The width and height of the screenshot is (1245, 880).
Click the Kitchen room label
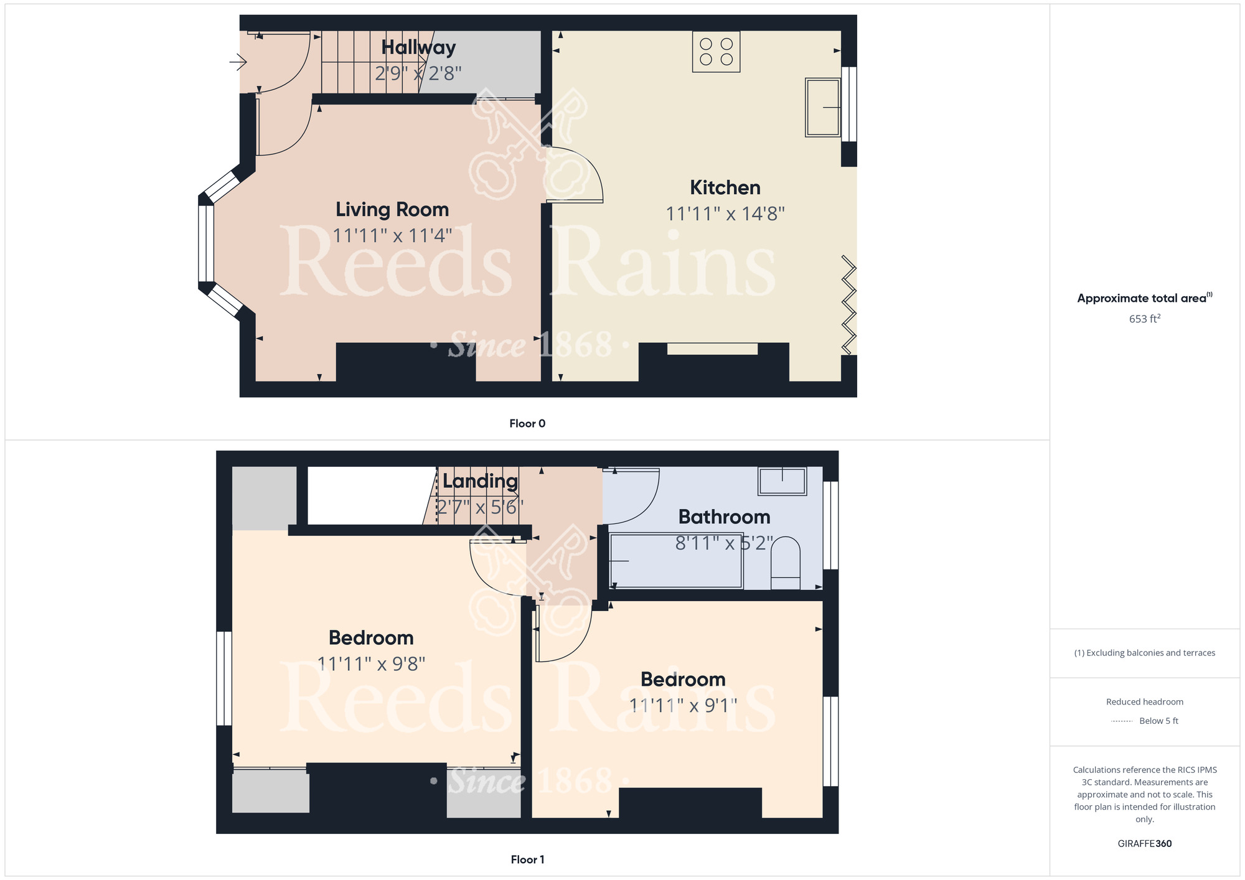click(x=725, y=187)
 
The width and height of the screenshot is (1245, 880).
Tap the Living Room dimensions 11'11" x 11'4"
click(x=392, y=236)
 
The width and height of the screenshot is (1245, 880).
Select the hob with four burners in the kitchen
click(x=716, y=52)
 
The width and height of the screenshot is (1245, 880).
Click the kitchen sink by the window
click(x=823, y=107)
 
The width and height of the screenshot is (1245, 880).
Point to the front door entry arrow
click(x=238, y=62)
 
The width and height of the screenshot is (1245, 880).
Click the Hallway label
click(x=418, y=47)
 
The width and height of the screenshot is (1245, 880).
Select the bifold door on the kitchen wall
click(x=849, y=305)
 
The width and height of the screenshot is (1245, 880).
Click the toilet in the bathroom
click(x=786, y=563)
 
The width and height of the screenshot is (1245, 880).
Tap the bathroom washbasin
click(x=782, y=481)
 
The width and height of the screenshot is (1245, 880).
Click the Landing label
click(x=480, y=481)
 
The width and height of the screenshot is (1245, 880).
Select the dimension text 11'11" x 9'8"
click(x=372, y=664)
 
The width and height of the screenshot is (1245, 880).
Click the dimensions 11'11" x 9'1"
click(x=684, y=706)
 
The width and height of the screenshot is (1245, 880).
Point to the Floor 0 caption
click(x=527, y=423)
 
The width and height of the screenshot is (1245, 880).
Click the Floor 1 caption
click(x=527, y=859)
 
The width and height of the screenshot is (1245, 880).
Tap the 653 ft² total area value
click(x=1145, y=319)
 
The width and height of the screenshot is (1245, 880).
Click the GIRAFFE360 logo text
click(x=1145, y=844)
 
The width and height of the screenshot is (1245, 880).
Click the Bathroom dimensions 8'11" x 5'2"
click(x=724, y=543)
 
